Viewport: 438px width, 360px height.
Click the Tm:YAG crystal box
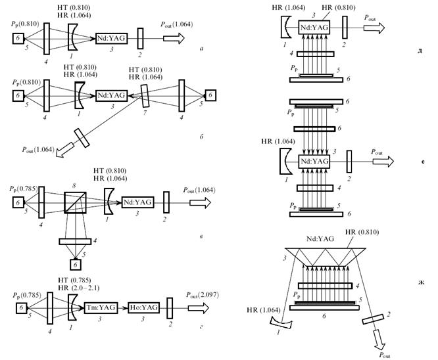[x=101, y=308]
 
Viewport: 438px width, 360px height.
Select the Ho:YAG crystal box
[x=144, y=307]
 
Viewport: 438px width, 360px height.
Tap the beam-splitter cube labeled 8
[x=75, y=202]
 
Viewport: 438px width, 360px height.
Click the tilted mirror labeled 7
[x=145, y=97]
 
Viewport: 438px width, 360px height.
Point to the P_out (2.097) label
[x=203, y=295]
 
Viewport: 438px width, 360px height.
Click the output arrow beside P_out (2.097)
[x=199, y=308]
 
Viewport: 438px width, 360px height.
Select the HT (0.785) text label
[x=74, y=280]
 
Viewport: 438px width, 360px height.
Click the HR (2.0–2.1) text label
[x=79, y=288]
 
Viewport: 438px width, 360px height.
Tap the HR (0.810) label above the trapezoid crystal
[x=362, y=232]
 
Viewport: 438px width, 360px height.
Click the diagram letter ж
[x=422, y=282]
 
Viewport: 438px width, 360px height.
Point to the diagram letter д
[x=420, y=51]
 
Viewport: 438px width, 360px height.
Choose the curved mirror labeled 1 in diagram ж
[x=281, y=323]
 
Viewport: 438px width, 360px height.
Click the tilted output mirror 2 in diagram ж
[x=373, y=319]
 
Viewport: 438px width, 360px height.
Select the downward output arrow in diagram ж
[x=379, y=340]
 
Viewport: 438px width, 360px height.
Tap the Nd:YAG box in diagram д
[x=314, y=28]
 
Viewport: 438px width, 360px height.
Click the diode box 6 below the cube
[x=75, y=265]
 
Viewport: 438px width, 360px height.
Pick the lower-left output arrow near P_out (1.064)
[x=65, y=150]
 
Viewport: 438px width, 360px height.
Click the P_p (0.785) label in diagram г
[x=27, y=296]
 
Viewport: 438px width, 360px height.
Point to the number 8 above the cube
[x=74, y=185]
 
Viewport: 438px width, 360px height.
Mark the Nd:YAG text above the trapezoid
[x=320, y=239]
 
